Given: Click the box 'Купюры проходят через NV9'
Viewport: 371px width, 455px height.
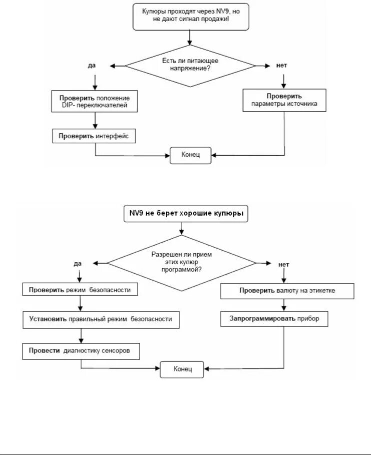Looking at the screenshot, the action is (191, 17).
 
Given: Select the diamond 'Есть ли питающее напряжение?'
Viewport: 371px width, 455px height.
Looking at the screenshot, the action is (190, 66).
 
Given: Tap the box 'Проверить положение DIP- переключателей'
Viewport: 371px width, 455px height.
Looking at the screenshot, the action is (94, 101).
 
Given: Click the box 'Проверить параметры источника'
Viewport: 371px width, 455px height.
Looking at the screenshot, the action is (284, 100).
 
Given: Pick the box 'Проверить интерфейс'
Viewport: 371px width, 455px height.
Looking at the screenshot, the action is (94, 136).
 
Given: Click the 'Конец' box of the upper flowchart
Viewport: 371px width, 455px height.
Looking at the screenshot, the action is (190, 155).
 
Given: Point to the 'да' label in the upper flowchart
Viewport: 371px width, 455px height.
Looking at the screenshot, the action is (92, 66).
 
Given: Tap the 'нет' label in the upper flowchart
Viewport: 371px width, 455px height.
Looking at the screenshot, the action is (281, 66).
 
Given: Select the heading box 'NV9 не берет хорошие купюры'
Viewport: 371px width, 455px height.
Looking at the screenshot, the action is (186, 214).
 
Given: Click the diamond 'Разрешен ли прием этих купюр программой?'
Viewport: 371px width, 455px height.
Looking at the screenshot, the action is (182, 263).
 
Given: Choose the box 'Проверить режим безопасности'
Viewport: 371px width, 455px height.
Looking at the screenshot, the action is (80, 289).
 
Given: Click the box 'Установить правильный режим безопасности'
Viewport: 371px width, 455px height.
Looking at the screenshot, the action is (101, 320).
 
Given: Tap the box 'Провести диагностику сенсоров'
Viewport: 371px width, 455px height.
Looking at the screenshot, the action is (81, 351).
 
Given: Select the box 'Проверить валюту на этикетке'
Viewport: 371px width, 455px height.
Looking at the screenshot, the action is (287, 291).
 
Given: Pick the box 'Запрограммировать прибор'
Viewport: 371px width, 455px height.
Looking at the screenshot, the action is (274, 319).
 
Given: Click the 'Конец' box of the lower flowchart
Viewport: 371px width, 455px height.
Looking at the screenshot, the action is (182, 369).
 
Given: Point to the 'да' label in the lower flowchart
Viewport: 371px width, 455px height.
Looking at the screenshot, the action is (78, 264).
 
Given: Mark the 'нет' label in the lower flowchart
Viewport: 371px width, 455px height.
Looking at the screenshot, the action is (283, 265).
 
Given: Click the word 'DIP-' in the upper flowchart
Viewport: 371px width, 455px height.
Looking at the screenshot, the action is (68, 105).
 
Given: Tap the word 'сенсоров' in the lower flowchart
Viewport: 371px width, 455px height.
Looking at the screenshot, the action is (116, 350).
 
